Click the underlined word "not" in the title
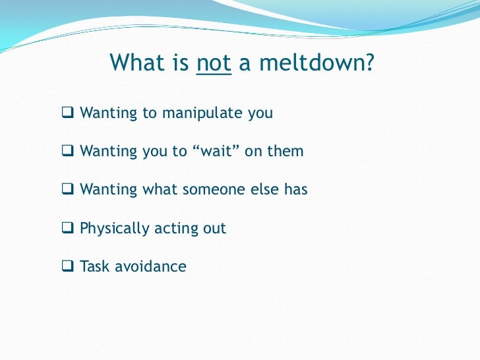coord(214,63)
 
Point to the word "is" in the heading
coord(182,63)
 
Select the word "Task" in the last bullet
coord(95,267)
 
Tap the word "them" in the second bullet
coord(285,151)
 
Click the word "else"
coord(264,190)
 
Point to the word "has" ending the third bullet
coord(295,190)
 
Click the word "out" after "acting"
coord(214,229)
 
